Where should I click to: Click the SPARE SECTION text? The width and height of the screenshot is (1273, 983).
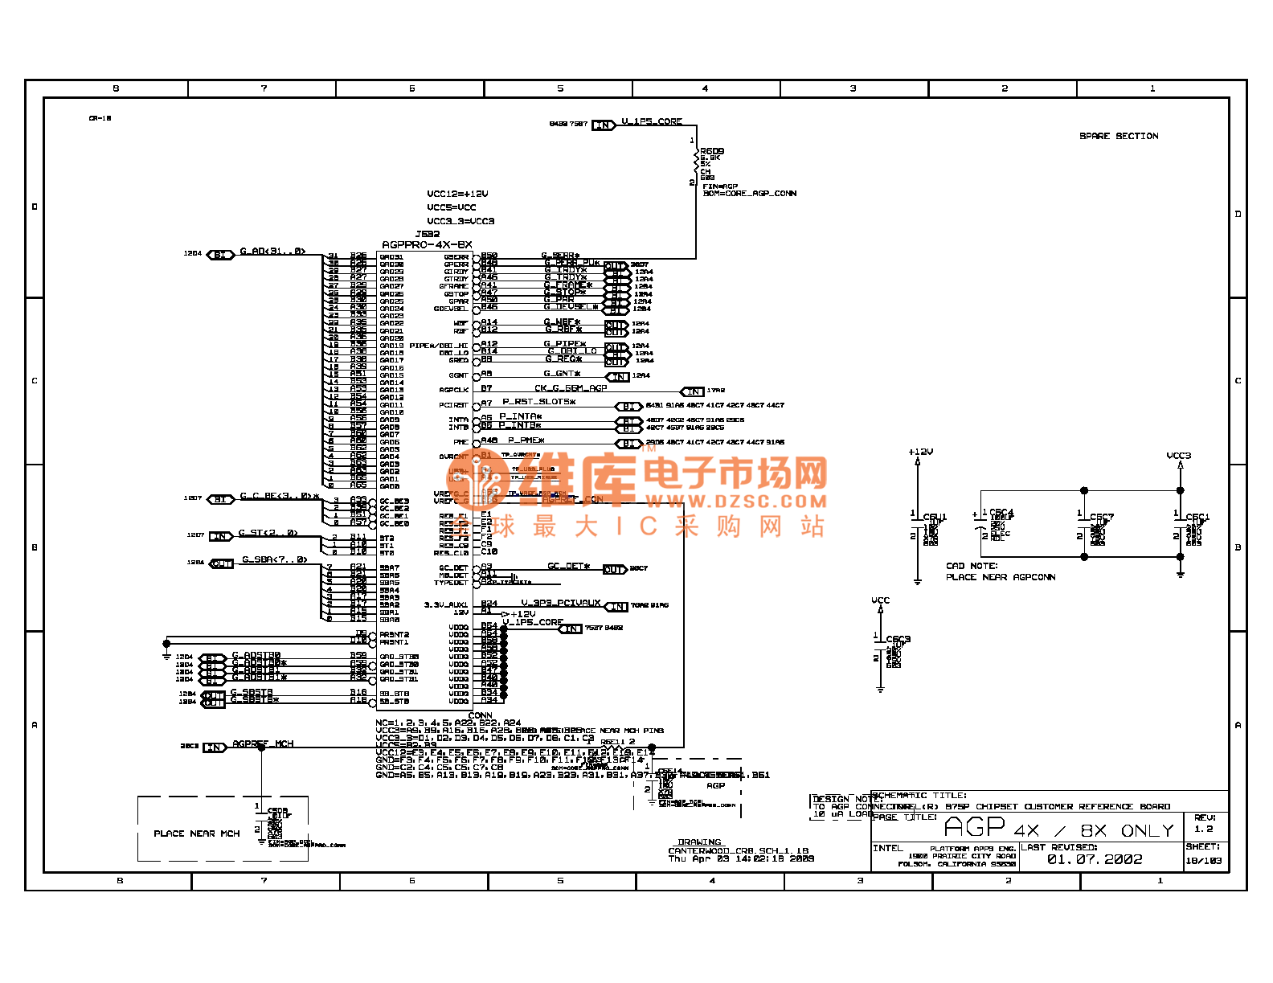[x=1119, y=137]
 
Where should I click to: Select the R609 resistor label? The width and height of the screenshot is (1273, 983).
[x=712, y=151]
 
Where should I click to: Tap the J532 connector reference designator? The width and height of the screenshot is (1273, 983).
[x=427, y=235]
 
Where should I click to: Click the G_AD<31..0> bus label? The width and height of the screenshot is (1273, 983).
[x=272, y=252]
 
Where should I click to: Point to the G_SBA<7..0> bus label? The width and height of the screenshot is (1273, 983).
[x=274, y=559]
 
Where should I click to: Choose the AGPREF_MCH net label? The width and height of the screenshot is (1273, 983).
[x=263, y=744]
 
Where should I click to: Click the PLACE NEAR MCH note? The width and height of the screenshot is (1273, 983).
[x=197, y=834]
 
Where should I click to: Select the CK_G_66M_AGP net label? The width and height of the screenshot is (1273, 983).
[x=571, y=388]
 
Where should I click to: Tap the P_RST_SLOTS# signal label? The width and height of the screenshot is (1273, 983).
[x=538, y=402]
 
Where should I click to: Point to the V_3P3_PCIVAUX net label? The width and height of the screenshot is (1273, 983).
[x=560, y=603]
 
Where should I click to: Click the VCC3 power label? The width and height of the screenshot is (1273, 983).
[x=1178, y=456]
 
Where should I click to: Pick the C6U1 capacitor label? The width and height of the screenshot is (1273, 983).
[x=935, y=517]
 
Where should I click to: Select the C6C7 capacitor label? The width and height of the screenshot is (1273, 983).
[x=1101, y=517]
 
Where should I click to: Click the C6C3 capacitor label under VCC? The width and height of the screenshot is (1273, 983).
[x=898, y=640]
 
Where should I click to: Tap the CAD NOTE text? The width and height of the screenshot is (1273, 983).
[x=972, y=566]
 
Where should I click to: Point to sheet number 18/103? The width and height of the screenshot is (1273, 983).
[x=1203, y=860]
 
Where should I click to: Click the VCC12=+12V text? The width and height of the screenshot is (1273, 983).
[x=457, y=194]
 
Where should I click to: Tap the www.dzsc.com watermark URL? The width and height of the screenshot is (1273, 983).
[x=735, y=502]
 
